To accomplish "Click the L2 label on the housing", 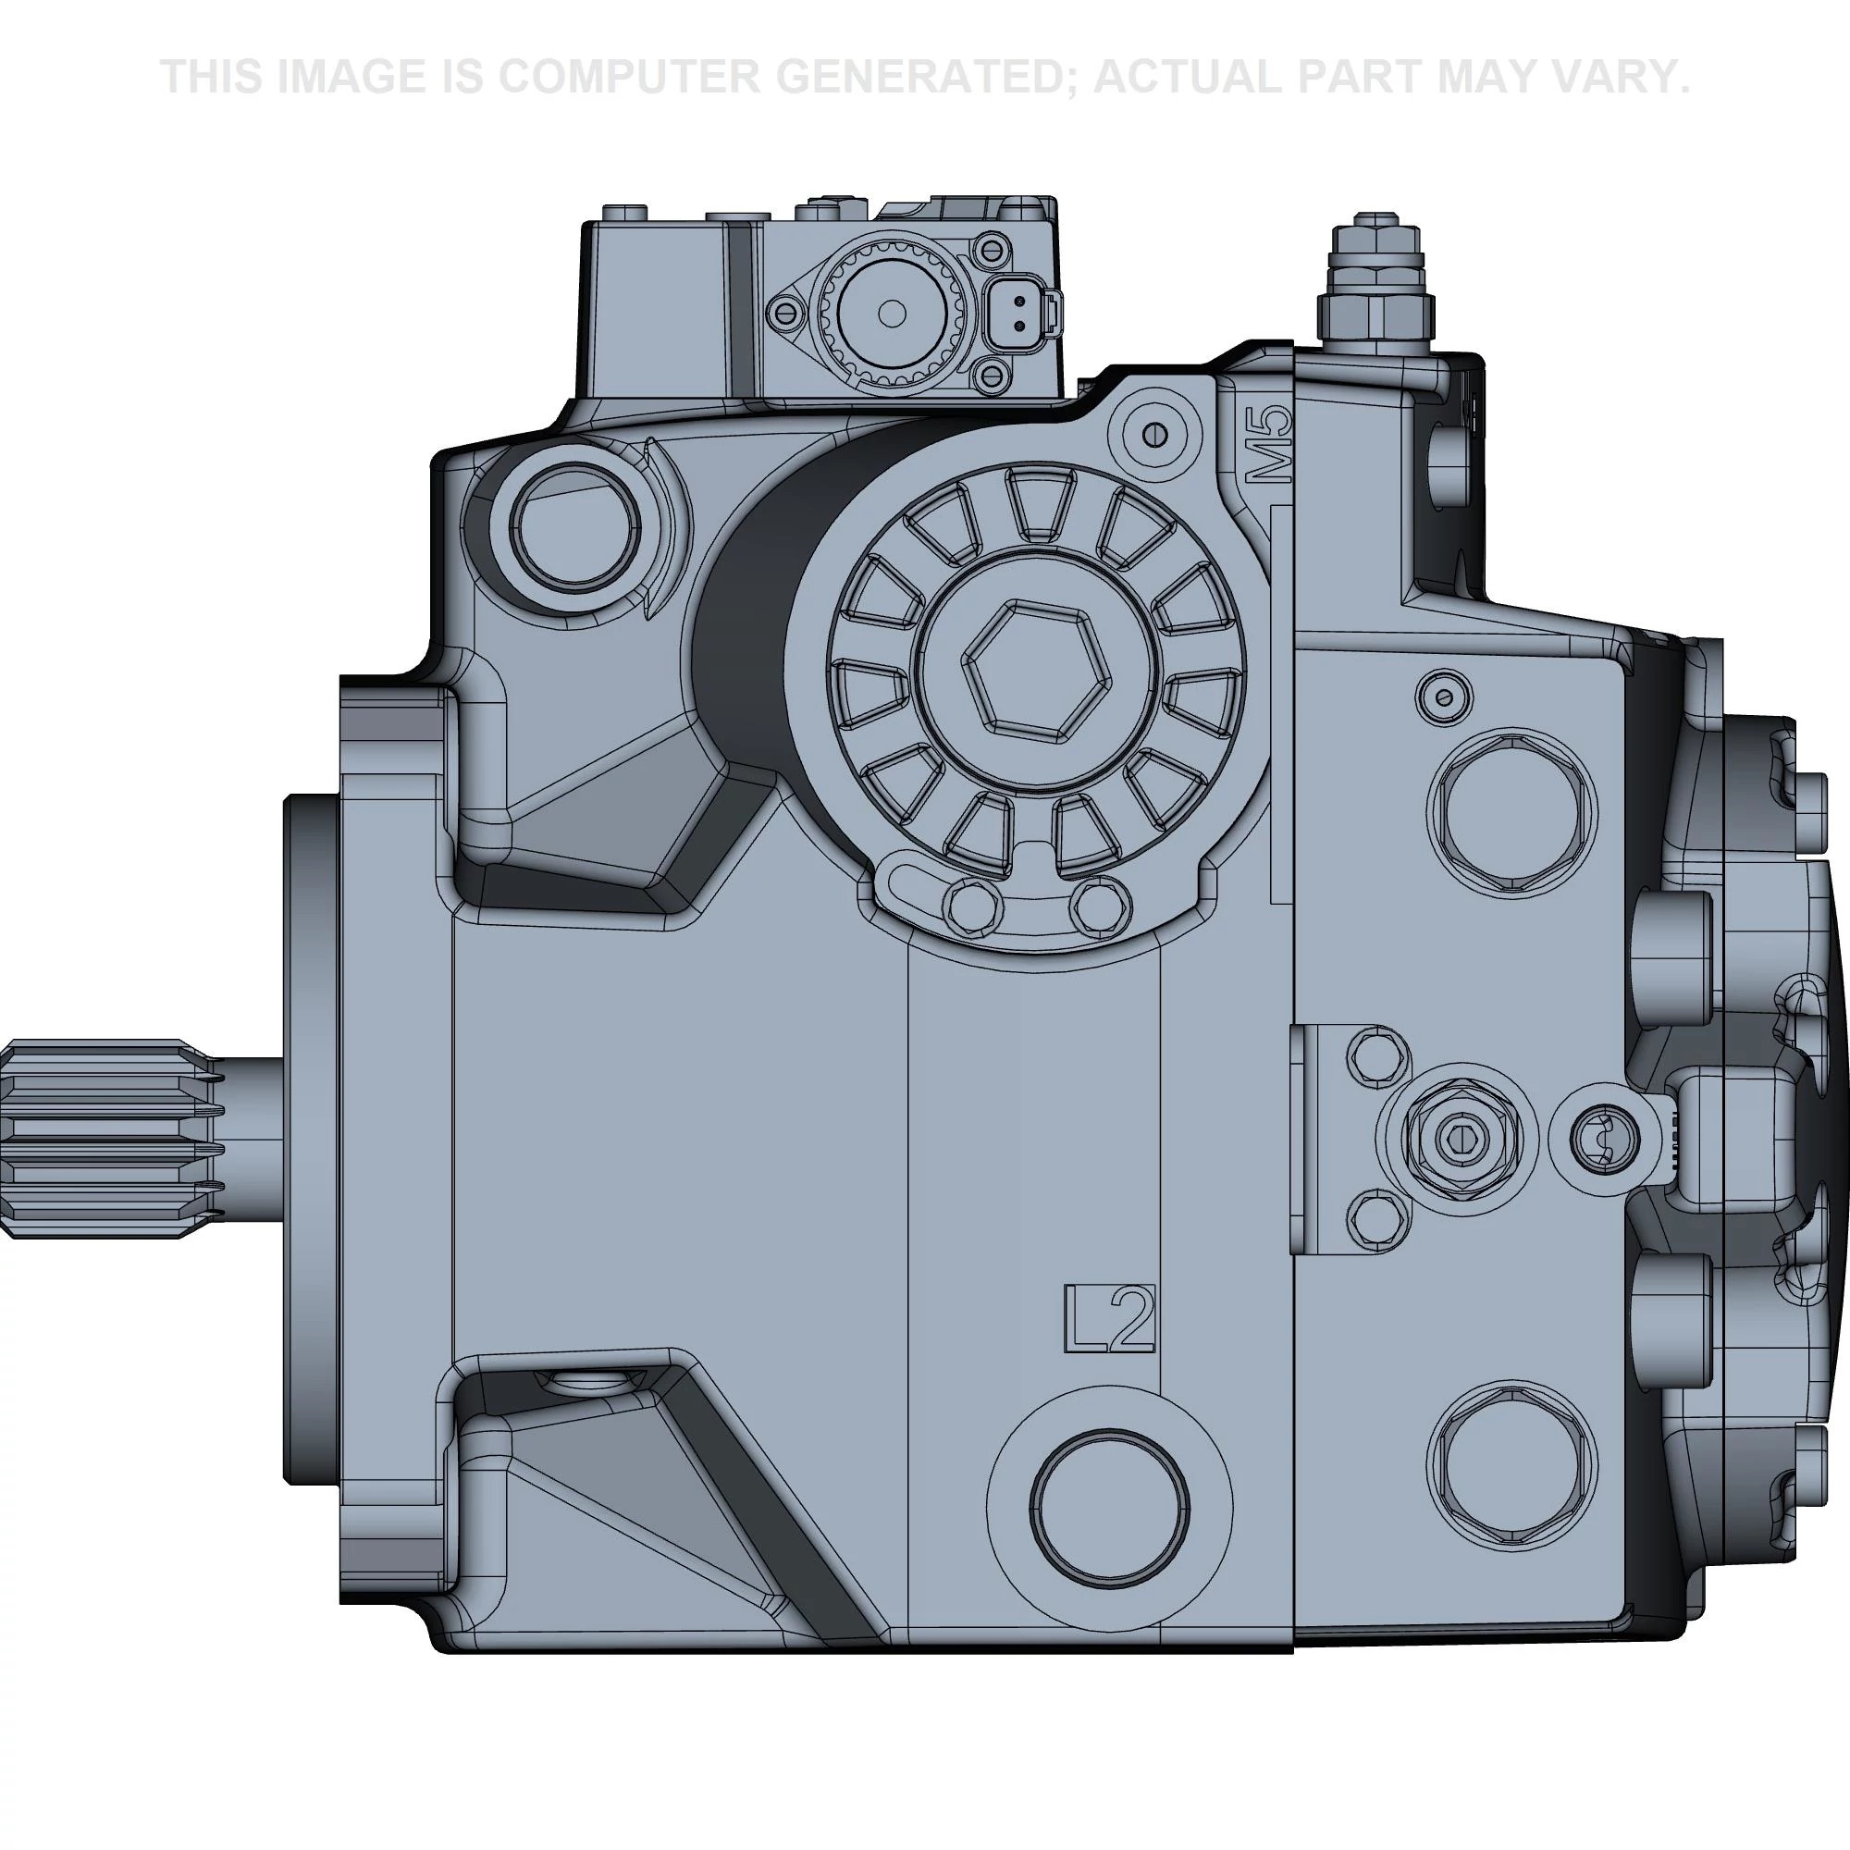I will pyautogui.click(x=1110, y=1318).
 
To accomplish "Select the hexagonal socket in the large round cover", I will pyautogui.click(x=1038, y=670).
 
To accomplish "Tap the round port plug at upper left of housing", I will pyautogui.click(x=574, y=527).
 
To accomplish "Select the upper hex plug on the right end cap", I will pyautogui.click(x=1511, y=809).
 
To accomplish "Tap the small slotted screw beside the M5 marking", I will pyautogui.click(x=1158, y=434).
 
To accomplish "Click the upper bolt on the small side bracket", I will pyautogui.click(x=1377, y=1054).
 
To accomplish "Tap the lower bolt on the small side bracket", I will pyautogui.click(x=1377, y=1218).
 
